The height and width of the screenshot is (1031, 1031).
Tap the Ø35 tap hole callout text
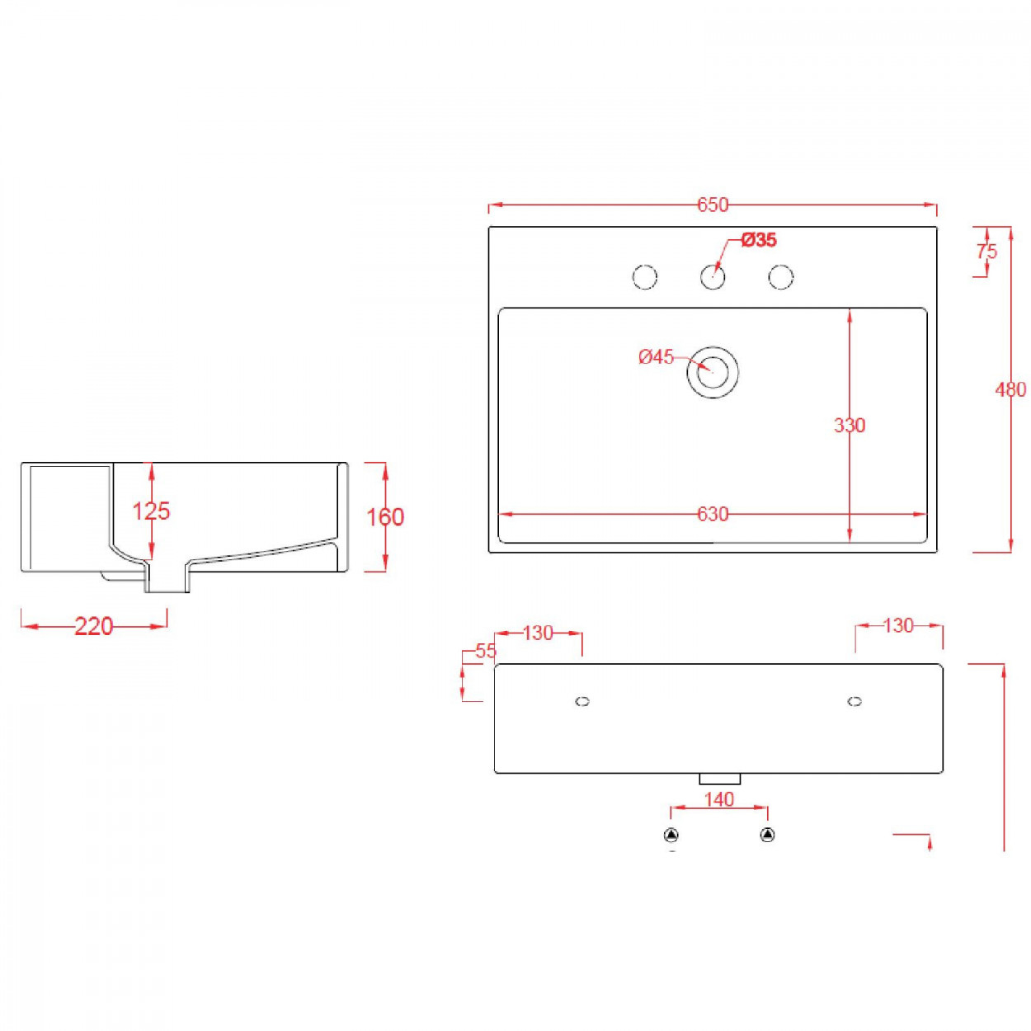coord(759,240)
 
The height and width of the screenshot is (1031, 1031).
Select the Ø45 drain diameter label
coord(656,357)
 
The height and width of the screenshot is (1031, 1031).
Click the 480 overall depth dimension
coord(1010,389)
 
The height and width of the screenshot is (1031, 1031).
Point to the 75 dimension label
coord(986,251)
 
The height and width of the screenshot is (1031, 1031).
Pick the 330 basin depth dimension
coord(850,426)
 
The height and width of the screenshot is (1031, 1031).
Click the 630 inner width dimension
coord(713,514)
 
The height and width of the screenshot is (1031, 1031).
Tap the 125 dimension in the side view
coord(151,511)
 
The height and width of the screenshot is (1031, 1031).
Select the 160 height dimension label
coord(385,517)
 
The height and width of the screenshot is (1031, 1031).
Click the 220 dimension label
coord(94,627)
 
